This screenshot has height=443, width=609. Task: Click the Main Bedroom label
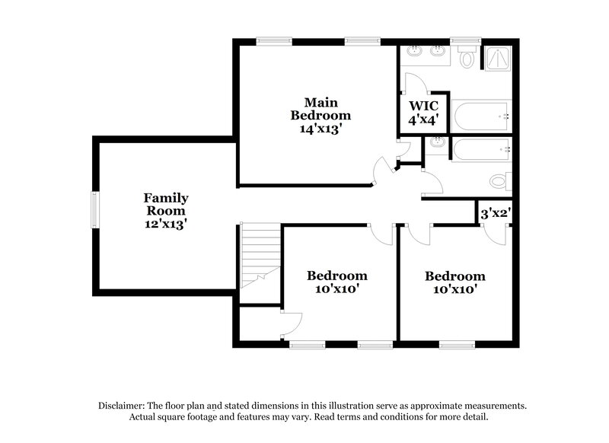[x=320, y=115]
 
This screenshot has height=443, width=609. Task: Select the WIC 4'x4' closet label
[x=424, y=111]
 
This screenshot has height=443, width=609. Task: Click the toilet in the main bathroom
[x=467, y=58]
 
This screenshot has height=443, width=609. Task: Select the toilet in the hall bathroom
[x=500, y=180]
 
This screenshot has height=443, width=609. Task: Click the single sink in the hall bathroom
[x=437, y=143]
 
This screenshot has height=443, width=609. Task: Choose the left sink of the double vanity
[x=413, y=53]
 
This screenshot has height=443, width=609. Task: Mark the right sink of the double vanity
[x=438, y=53]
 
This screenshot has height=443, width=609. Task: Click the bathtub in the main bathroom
[x=480, y=116]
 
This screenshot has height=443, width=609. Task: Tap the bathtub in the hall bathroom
[x=480, y=150]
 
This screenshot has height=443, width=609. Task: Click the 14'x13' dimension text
[x=320, y=129]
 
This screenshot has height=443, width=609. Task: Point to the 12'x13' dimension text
[x=167, y=225]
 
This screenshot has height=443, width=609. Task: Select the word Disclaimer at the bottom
[x=125, y=406]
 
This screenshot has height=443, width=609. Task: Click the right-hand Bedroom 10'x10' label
[x=455, y=282]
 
